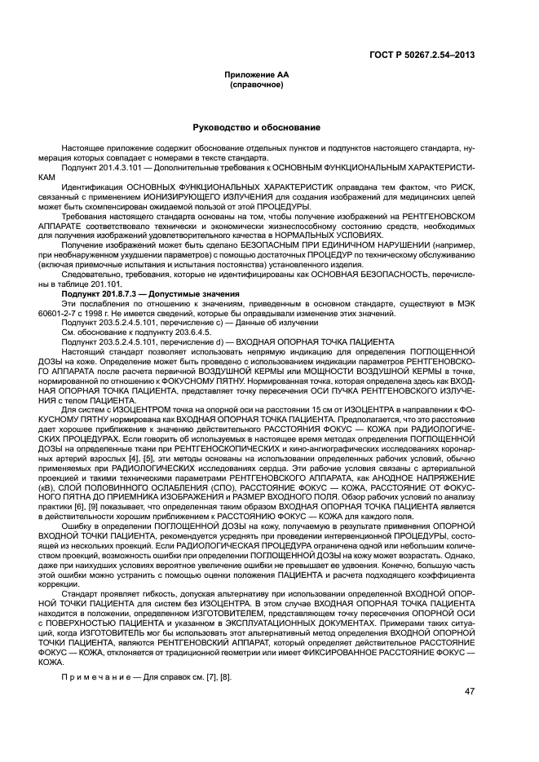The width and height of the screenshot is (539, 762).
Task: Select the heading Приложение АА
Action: [x=256, y=75]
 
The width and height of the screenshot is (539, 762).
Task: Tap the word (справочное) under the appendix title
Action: [x=256, y=85]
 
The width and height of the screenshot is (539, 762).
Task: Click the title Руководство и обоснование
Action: [x=256, y=128]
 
